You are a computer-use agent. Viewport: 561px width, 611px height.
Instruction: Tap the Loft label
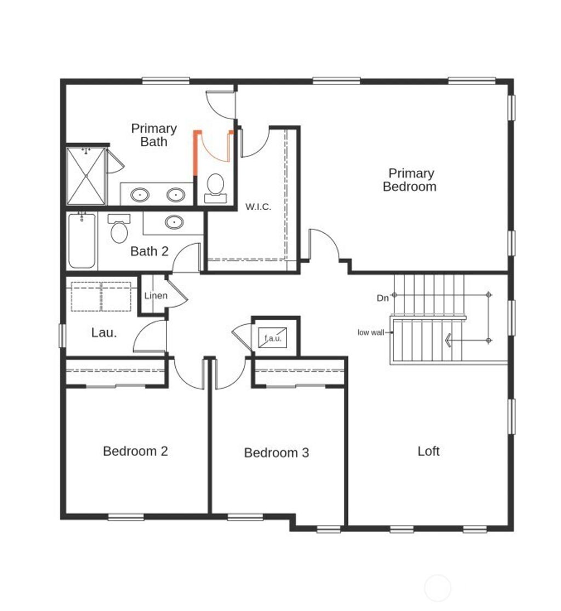coord(428,451)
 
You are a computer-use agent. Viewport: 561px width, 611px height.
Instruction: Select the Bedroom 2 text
coord(135,451)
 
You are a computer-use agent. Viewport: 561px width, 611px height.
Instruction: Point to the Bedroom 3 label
coord(276,453)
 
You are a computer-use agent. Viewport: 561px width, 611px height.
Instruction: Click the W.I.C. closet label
coord(258,206)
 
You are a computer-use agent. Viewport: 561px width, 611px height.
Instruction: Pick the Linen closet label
coord(156,296)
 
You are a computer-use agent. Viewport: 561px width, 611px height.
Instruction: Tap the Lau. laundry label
coord(104,332)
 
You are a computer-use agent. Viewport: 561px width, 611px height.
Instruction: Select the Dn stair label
coord(383,298)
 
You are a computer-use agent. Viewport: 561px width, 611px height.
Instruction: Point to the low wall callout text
coord(371,332)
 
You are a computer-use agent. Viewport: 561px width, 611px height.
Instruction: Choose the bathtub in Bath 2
coord(82,241)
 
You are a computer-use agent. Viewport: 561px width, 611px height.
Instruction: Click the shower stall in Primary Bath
coord(86,176)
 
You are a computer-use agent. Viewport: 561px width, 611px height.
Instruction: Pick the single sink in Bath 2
coord(174,222)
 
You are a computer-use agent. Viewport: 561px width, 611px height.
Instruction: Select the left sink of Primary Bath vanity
coord(140,194)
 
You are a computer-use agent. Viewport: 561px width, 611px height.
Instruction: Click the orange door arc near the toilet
coord(214,153)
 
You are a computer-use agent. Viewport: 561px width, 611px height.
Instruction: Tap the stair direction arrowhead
coord(448,341)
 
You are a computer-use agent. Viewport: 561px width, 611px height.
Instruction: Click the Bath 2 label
coord(150,251)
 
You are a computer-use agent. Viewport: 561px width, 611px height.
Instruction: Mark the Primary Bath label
coord(154,135)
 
